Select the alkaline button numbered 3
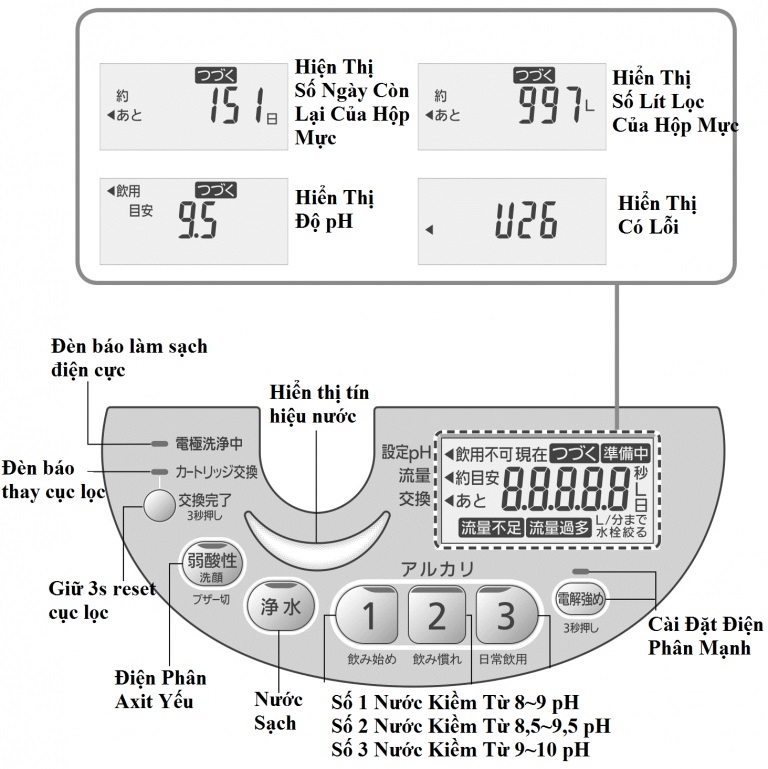(x=507, y=616)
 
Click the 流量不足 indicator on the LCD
(x=490, y=527)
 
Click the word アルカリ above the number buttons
(x=437, y=569)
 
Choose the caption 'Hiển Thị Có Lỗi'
(x=656, y=215)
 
